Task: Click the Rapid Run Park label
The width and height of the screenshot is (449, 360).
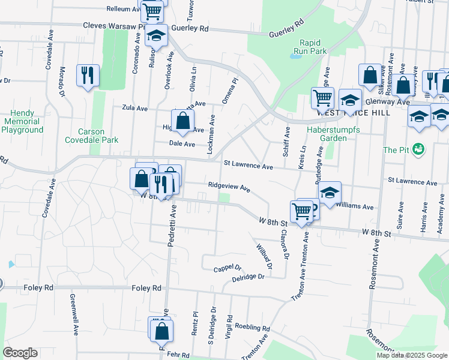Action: pyautogui.click(x=314, y=47)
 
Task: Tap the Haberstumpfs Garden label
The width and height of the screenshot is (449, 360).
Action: pyautogui.click(x=327, y=134)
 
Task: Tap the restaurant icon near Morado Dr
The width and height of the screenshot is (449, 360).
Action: pyautogui.click(x=88, y=75)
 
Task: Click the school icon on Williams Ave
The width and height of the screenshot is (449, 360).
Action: pyautogui.click(x=330, y=193)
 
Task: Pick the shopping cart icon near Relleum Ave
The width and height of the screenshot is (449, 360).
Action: pyautogui.click(x=152, y=11)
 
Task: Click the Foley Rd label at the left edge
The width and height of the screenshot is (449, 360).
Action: pyautogui.click(x=38, y=288)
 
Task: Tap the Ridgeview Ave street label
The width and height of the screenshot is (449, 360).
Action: pyautogui.click(x=229, y=187)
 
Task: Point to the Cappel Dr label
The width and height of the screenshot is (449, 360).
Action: pyautogui.click(x=227, y=268)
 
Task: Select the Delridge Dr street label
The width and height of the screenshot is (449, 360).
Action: pyautogui.click(x=248, y=277)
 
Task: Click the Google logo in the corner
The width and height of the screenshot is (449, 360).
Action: pyautogui.click(x=20, y=353)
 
